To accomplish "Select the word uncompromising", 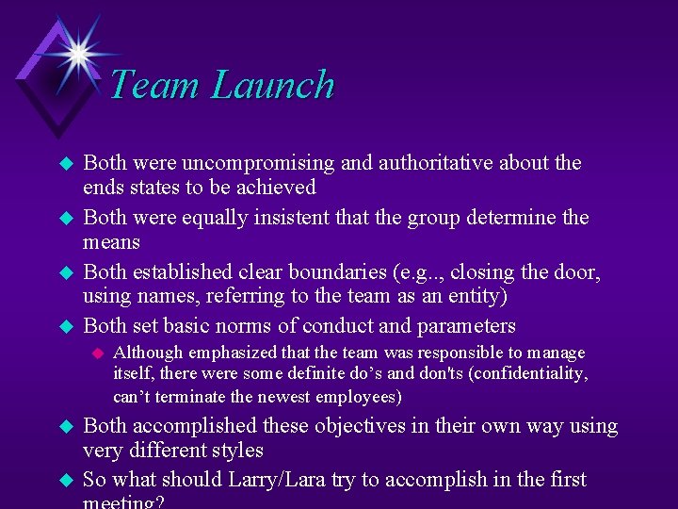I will click(x=259, y=163).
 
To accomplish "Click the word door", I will click(x=573, y=272).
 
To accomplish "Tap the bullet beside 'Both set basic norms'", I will click(x=66, y=327).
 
